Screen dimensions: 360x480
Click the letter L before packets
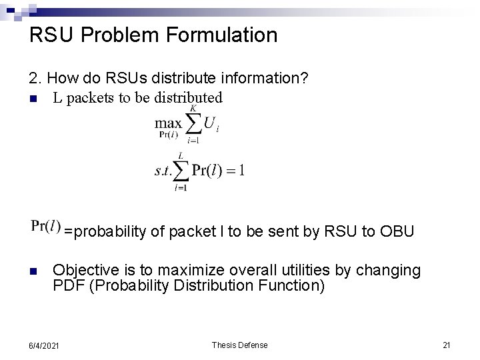[x=57, y=97]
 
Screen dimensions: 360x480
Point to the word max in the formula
[x=168, y=123]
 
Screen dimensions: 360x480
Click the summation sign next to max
[x=193, y=124]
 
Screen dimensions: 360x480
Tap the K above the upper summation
[x=193, y=108]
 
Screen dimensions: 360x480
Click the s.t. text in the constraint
[x=163, y=170]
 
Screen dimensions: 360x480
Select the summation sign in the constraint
[x=181, y=171]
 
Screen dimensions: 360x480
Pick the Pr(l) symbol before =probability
[x=46, y=228]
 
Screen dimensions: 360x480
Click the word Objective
[x=83, y=270]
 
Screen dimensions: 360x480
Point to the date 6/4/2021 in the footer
[x=44, y=345]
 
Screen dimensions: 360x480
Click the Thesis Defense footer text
[x=239, y=345]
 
